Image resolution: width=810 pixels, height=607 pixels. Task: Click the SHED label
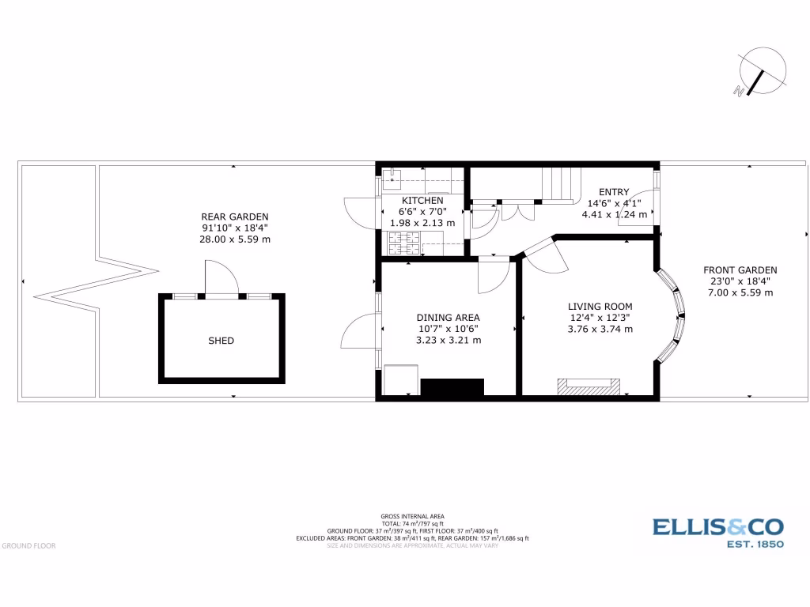[x=221, y=341]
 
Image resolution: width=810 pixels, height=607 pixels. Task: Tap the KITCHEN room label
[x=422, y=201]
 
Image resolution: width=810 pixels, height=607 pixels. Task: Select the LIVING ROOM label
[x=600, y=307]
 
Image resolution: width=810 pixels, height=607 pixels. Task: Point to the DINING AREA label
[x=449, y=318]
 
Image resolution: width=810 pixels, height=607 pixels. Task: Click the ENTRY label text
[x=614, y=192]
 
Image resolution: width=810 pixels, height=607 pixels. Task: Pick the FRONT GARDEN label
[x=740, y=270]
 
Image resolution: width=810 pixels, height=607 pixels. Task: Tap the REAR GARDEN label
[x=235, y=217]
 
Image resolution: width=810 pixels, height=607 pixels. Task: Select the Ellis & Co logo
[x=717, y=532]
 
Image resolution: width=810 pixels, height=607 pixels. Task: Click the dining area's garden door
[x=361, y=330]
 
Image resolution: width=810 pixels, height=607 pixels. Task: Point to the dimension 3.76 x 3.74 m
[x=600, y=330]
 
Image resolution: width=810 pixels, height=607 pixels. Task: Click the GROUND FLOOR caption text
[x=28, y=545]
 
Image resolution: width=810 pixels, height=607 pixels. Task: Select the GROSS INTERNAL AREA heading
[x=412, y=516]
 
